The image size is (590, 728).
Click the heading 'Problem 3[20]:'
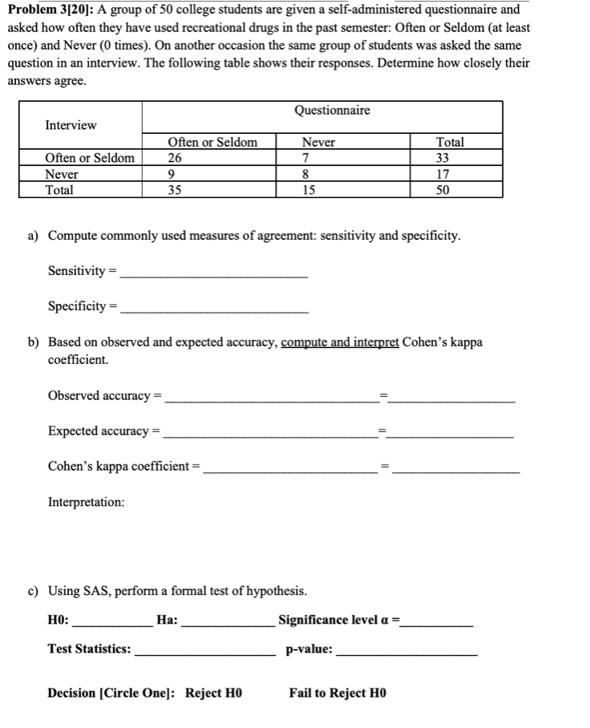click(49, 10)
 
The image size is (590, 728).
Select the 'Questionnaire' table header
click(332, 110)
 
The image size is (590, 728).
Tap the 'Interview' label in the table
click(71, 125)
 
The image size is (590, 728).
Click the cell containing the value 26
click(175, 158)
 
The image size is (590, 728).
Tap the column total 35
click(175, 190)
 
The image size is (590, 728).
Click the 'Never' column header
click(318, 142)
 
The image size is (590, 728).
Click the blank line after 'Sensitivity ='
click(212, 272)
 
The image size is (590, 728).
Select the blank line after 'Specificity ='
click(212, 307)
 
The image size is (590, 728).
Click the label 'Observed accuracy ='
click(104, 396)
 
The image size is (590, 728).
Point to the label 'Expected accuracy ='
click(104, 431)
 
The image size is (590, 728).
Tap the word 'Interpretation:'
click(87, 502)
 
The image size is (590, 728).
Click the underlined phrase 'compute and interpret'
click(340, 342)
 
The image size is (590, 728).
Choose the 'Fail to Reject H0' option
click(337, 693)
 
